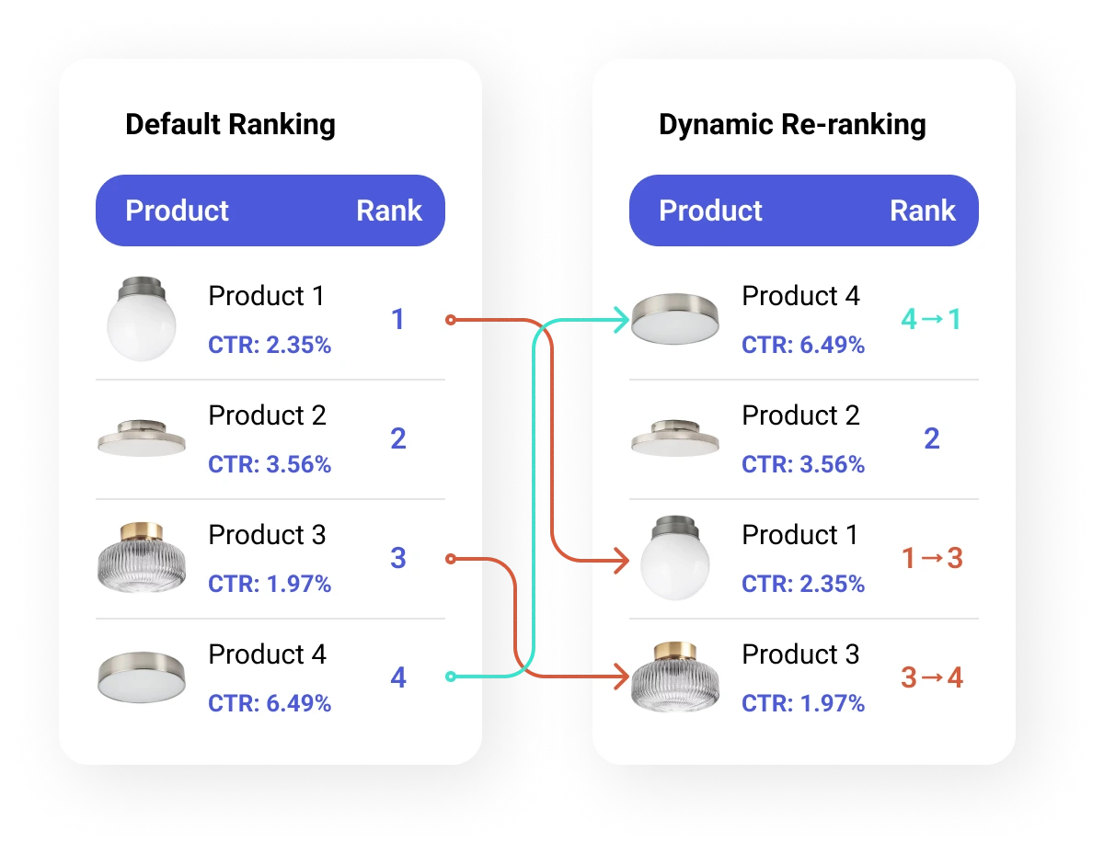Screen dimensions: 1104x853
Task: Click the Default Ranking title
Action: [x=230, y=125]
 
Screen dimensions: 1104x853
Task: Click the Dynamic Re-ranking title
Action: [x=792, y=125]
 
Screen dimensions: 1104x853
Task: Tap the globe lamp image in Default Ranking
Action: [x=142, y=319]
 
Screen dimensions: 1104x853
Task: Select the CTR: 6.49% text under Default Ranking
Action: [x=270, y=703]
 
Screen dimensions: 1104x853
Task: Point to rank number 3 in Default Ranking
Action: [x=398, y=558]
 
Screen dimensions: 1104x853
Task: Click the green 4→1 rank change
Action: [x=931, y=319]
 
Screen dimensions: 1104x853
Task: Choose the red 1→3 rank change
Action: [x=932, y=558]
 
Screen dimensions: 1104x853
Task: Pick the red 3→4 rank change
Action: [x=932, y=677]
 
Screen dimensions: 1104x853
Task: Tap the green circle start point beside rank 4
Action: [x=450, y=676]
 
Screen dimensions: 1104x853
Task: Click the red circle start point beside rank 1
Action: [x=450, y=320]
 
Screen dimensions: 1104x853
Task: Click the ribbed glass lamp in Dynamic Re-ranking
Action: [x=674, y=677]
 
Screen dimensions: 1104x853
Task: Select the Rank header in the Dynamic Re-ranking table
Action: [x=922, y=210]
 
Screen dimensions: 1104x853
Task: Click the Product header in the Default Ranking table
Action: [x=177, y=210]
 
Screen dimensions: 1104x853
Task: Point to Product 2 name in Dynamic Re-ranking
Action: [x=800, y=415]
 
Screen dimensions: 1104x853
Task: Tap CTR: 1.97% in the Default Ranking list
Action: [x=270, y=584]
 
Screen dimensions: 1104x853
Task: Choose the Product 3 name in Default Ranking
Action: [x=267, y=534]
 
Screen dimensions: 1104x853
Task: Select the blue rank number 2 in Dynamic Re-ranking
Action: [x=932, y=438]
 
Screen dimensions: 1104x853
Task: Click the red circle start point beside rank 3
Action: [x=450, y=559]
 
